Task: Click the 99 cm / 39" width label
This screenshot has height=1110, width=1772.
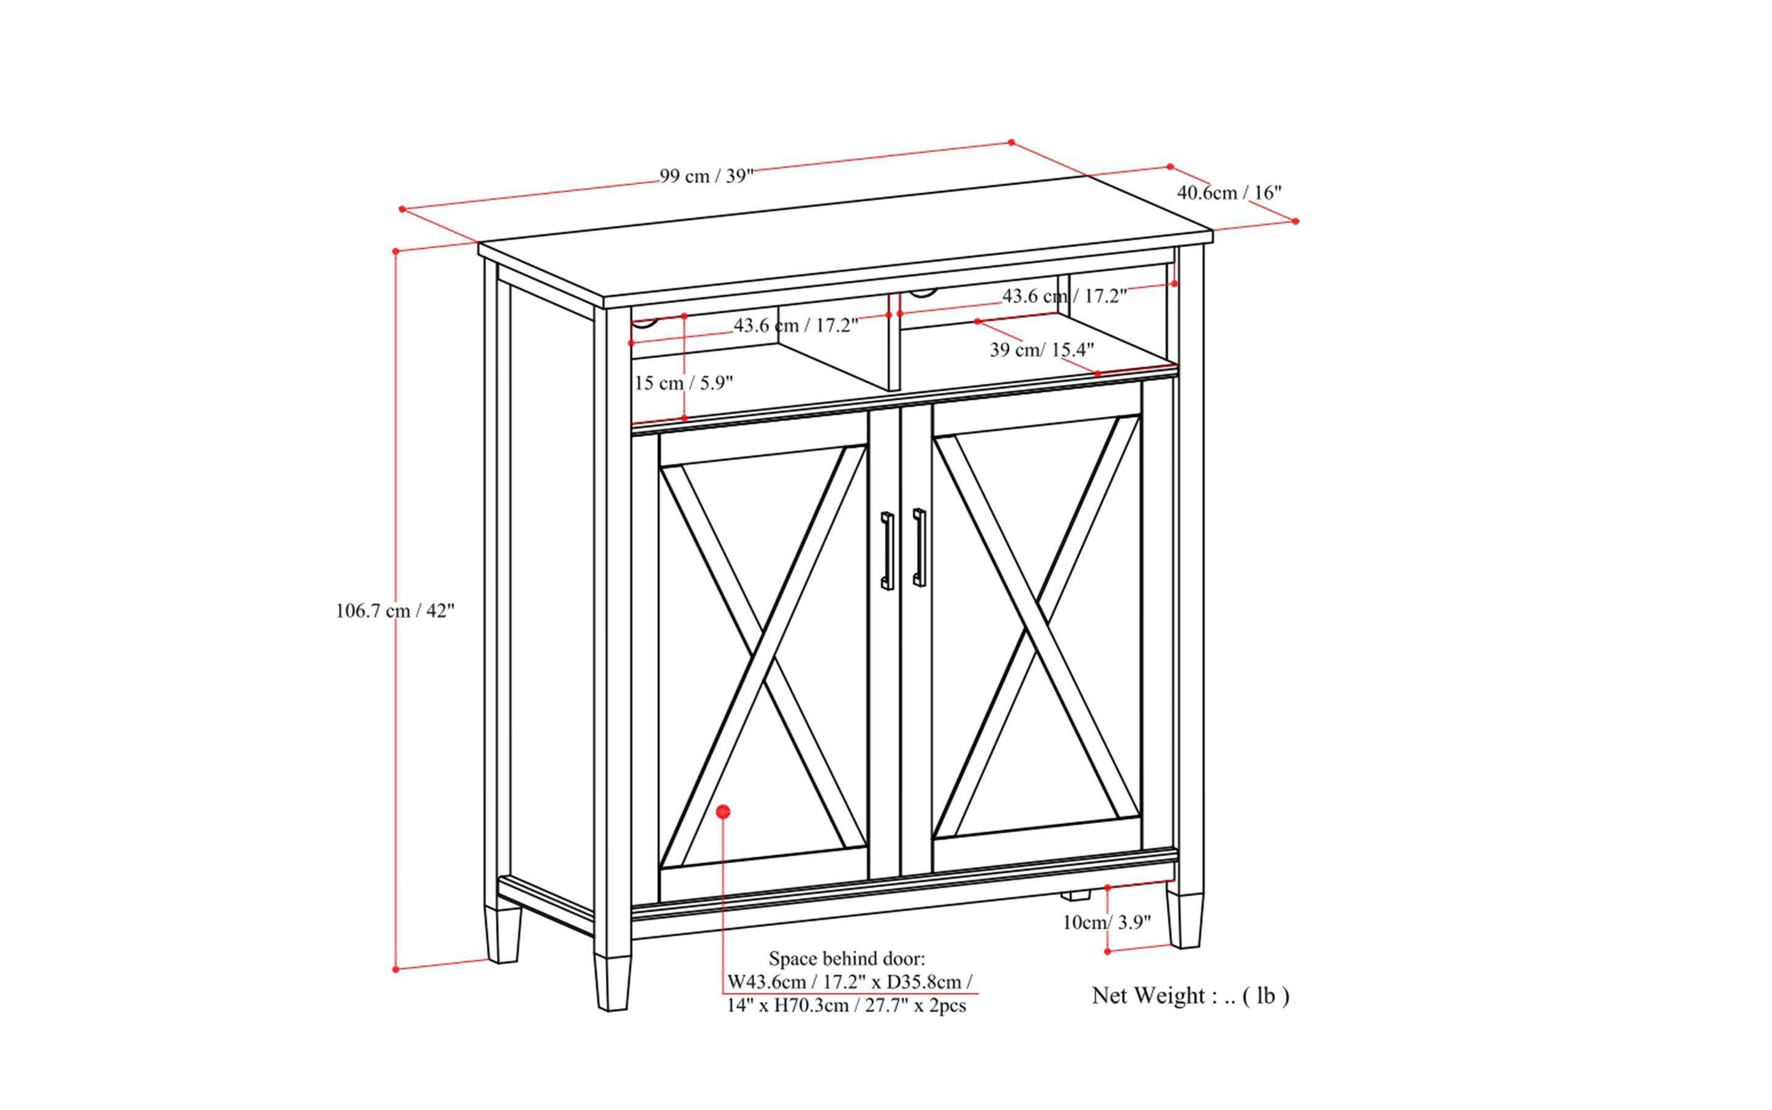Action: [x=706, y=176]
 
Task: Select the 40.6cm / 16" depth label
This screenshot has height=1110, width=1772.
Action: [x=1229, y=193]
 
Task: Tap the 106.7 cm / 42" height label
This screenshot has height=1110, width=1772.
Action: [x=395, y=611]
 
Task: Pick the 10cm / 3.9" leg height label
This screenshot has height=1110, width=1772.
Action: [x=1106, y=922]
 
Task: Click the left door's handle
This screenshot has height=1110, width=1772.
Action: [x=887, y=551]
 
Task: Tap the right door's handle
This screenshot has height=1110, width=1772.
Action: [x=919, y=547]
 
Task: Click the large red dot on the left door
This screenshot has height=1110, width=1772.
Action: [x=723, y=812]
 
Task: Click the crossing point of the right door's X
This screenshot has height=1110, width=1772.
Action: [x=1036, y=626]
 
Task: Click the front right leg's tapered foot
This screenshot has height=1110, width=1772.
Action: [x=1184, y=921]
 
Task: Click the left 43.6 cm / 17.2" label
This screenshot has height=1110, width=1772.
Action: [x=796, y=325]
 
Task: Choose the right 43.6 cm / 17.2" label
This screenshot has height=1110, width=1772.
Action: [x=1064, y=296]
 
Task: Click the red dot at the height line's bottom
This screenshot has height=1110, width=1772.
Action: [x=395, y=970]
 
